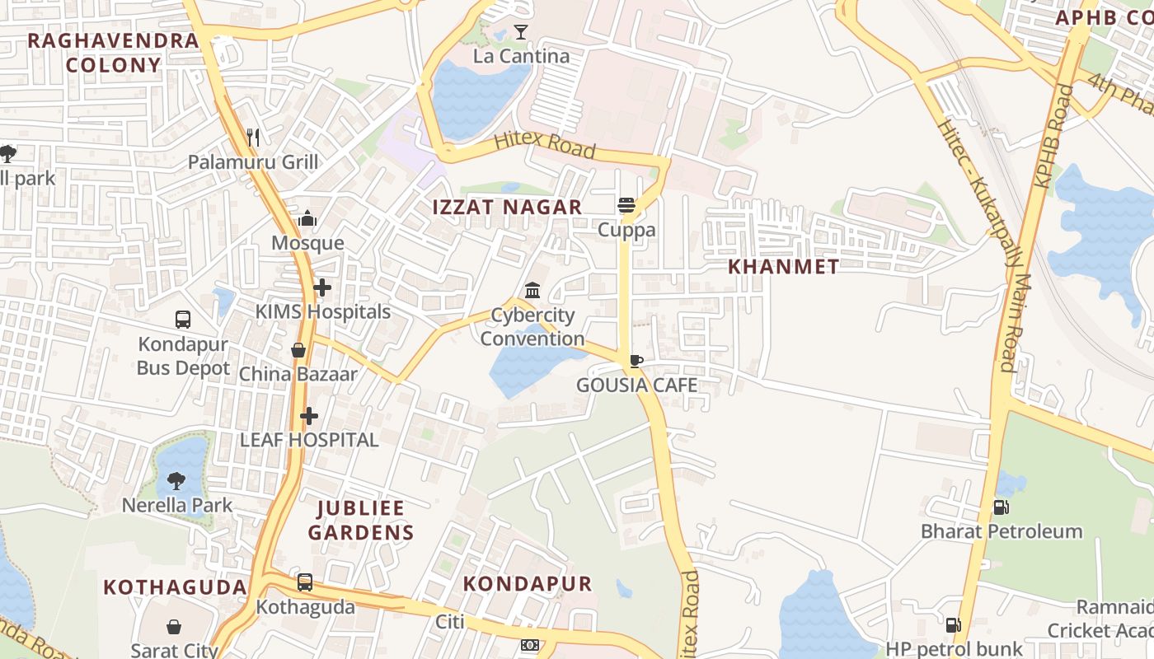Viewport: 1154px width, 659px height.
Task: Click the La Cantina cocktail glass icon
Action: click(x=520, y=32)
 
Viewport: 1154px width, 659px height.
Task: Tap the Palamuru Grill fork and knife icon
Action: click(x=253, y=137)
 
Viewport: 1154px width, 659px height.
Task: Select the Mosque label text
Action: click(x=307, y=243)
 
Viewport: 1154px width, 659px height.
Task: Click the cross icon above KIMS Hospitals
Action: click(x=322, y=287)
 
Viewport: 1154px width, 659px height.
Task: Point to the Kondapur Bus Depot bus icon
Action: click(x=183, y=320)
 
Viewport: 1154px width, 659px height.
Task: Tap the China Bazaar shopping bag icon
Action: click(x=298, y=350)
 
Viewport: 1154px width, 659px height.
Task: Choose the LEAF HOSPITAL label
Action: click(x=309, y=440)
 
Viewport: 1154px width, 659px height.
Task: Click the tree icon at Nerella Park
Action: click(x=176, y=481)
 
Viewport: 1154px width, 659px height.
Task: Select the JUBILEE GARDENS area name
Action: click(x=361, y=520)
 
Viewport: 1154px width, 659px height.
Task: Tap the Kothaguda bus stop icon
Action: click(x=305, y=582)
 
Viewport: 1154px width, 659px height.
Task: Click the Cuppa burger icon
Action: click(x=626, y=205)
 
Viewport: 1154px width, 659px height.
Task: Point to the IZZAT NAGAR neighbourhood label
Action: click(x=508, y=208)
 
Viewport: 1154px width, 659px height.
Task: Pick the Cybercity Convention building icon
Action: click(x=532, y=291)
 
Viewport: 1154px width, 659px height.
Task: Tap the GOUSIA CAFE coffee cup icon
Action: click(x=636, y=361)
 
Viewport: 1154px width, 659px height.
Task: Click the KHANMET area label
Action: click(x=783, y=267)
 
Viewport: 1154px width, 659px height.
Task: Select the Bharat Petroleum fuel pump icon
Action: click(x=1001, y=507)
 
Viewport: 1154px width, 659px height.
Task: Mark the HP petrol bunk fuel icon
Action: click(x=953, y=625)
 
